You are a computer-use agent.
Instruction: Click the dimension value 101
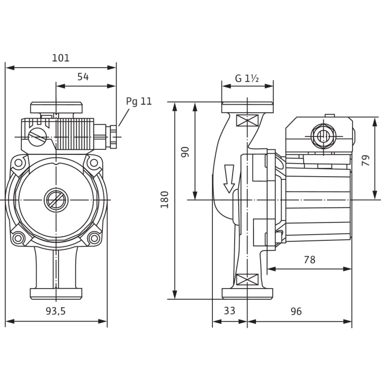click(60, 58)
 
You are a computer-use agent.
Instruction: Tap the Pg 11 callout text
click(139, 101)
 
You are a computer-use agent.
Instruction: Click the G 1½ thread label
click(247, 78)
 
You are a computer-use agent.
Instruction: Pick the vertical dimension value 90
click(185, 151)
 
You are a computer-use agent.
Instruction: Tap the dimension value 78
click(308, 260)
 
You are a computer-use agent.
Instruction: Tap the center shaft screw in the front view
click(55, 200)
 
